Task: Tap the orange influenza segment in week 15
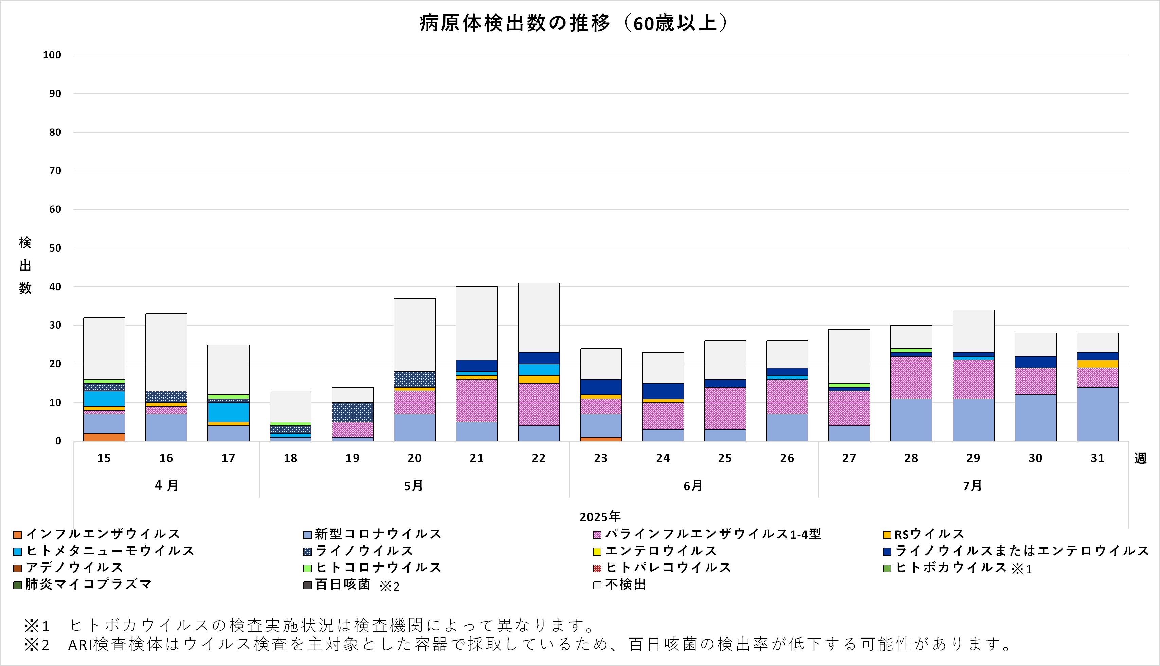104,437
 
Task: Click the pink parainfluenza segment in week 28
911,377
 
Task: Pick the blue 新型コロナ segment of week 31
1097,414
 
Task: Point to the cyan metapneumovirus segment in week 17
228,412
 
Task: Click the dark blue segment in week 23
601,387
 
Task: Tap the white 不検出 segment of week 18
290,406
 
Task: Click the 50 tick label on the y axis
55,248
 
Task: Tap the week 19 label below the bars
352,458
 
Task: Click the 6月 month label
693,485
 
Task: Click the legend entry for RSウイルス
929,534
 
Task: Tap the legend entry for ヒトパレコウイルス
668,567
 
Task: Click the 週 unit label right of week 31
1140,458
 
